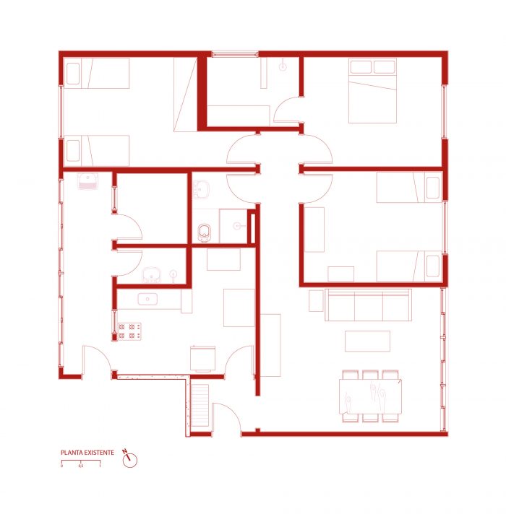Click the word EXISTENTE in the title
point(99,453)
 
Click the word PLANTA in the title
point(72,453)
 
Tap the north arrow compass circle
point(130,461)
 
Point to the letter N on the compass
point(124,451)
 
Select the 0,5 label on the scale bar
point(81,466)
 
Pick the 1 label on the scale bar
point(100,466)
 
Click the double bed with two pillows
point(372,91)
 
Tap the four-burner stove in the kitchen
point(129,331)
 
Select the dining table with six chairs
point(371,396)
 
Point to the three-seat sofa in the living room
point(368,305)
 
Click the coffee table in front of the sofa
point(367,341)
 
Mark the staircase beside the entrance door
point(200,405)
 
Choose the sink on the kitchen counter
point(147,299)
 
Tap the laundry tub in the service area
point(87,181)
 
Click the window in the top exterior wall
point(235,53)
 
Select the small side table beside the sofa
point(316,300)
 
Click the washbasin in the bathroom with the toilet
point(201,189)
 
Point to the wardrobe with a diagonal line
point(185,95)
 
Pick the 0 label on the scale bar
point(61,466)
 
